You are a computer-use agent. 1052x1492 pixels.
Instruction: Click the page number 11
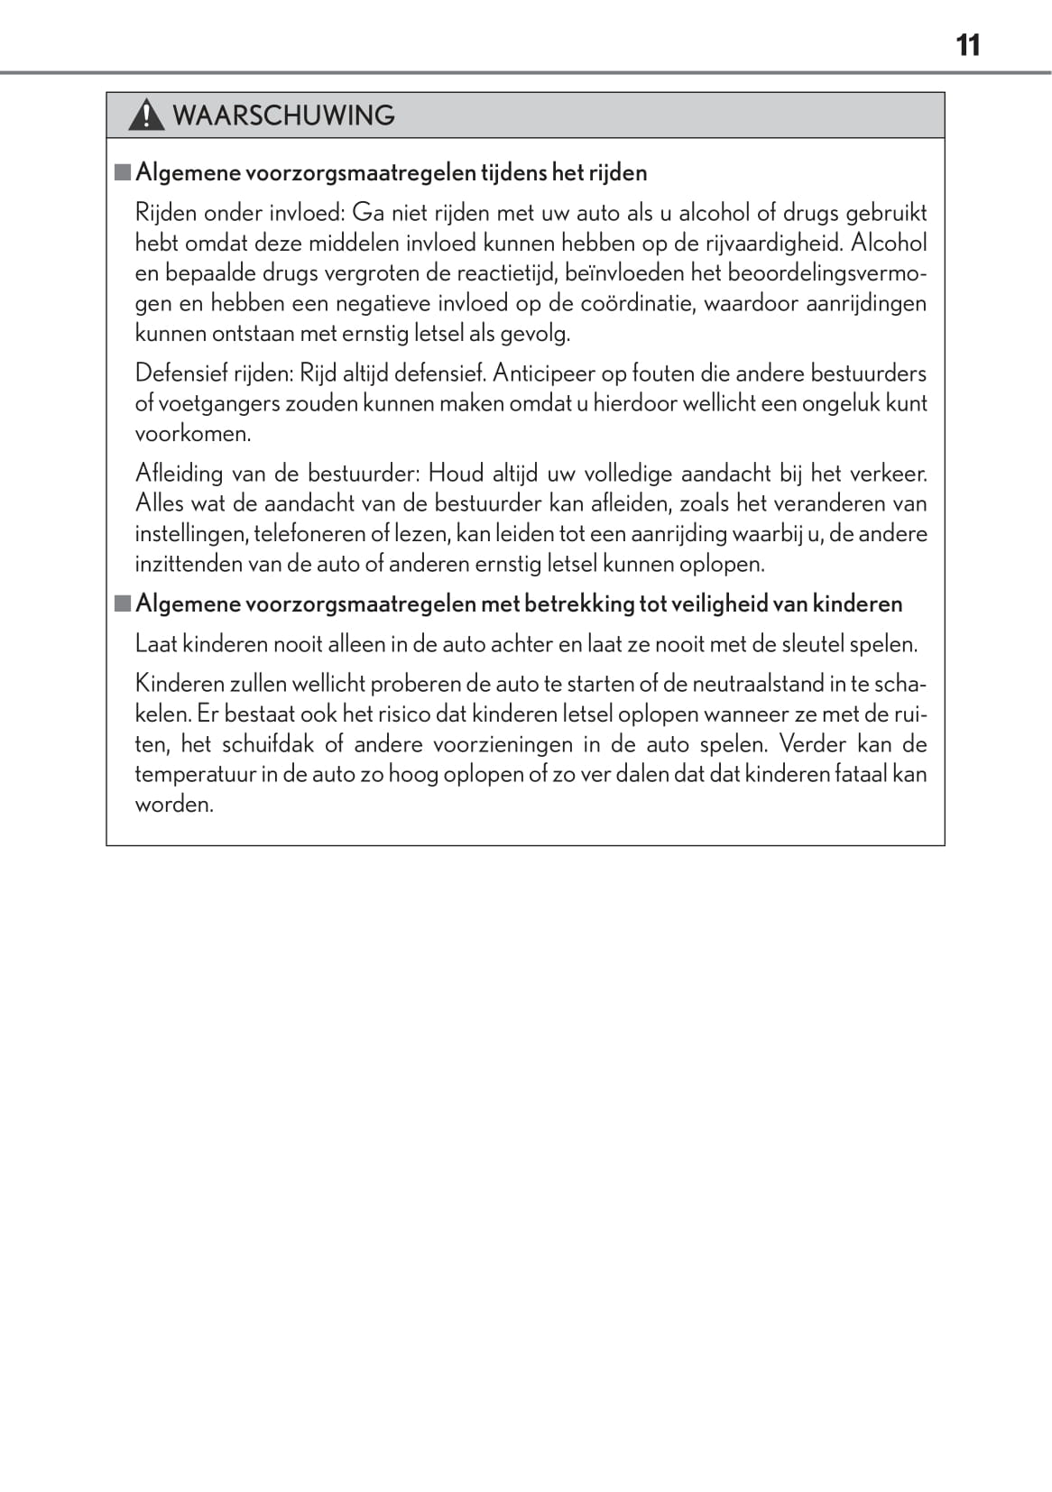(967, 45)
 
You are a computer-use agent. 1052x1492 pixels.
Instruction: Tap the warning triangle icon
(145, 116)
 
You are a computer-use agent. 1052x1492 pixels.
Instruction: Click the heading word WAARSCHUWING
(283, 115)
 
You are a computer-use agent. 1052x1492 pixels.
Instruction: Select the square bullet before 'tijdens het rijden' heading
(123, 171)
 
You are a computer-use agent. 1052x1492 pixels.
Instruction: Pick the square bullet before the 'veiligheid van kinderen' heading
(123, 603)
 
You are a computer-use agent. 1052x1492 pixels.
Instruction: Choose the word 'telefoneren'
(309, 534)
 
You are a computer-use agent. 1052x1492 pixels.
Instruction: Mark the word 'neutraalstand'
(757, 684)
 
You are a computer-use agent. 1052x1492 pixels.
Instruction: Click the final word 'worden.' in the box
(174, 805)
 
